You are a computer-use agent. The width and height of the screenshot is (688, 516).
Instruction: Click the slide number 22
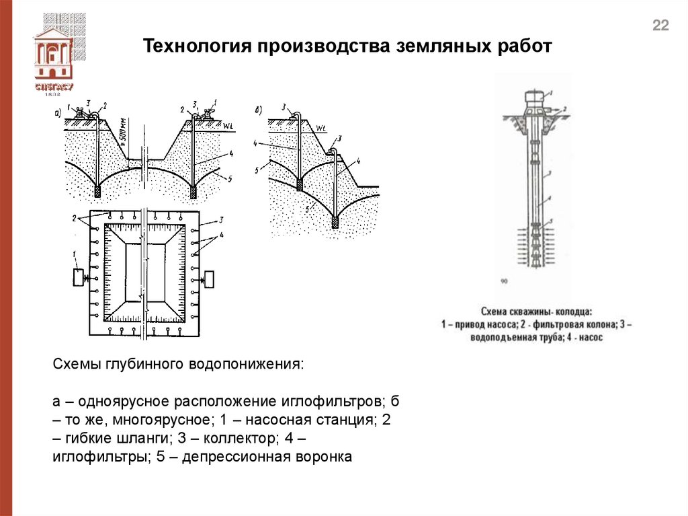(660, 26)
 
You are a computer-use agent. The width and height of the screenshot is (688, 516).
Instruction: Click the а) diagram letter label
(58, 112)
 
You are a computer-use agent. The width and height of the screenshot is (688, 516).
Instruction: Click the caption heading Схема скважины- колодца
(537, 312)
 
